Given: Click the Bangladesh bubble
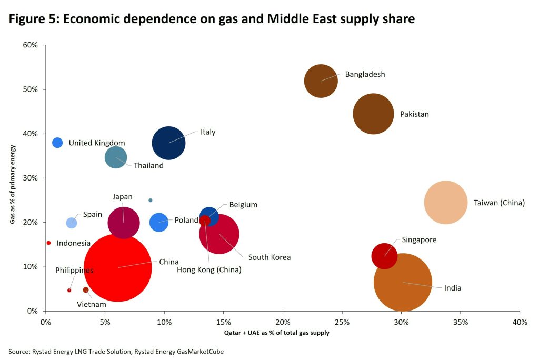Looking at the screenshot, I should (321, 81).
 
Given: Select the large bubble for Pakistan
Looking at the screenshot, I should (373, 114).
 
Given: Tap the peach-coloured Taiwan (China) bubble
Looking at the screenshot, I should (446, 202).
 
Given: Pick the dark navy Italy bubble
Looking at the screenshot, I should (168, 143).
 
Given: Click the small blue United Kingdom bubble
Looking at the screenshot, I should (57, 143).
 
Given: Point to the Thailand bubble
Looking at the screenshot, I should (116, 157).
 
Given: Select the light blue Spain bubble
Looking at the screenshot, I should (72, 223).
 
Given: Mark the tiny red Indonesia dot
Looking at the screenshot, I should (48, 243).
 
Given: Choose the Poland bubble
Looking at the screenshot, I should (159, 222).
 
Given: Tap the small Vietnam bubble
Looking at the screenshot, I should (86, 290).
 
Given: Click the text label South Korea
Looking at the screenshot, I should (269, 257).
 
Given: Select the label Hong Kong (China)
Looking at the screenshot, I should (209, 270).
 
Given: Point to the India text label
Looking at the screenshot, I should (453, 288).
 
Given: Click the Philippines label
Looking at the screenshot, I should (74, 270).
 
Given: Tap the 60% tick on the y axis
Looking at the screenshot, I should (31, 45).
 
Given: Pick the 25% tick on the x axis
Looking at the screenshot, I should (342, 322).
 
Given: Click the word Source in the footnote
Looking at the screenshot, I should (18, 351).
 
